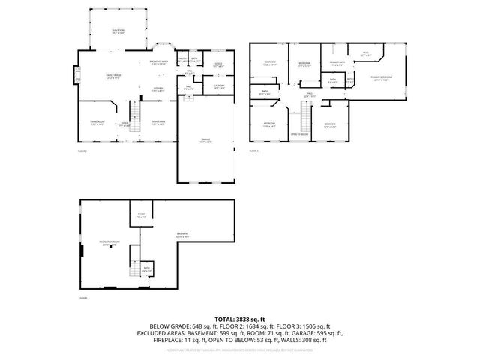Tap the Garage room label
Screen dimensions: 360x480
[205, 141]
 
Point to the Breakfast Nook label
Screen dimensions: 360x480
[158, 62]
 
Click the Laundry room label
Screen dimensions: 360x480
[219, 86]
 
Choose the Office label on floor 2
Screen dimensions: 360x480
[218, 64]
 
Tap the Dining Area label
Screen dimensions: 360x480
[158, 123]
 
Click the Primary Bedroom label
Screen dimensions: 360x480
[380, 79]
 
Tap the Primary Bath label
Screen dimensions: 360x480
[337, 64]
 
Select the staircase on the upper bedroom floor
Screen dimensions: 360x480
[305, 118]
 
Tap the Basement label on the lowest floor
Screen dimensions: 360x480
[181, 234]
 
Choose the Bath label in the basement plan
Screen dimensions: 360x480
[147, 268]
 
